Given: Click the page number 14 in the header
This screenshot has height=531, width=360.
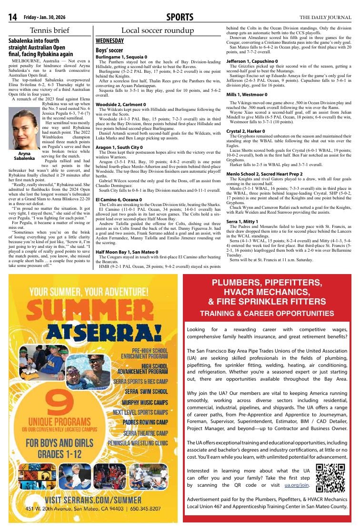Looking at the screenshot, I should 13,18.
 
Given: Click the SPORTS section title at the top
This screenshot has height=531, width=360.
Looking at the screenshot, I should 180,18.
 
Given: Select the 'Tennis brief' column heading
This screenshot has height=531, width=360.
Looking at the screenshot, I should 50,30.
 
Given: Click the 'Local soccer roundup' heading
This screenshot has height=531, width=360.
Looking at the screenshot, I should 158,30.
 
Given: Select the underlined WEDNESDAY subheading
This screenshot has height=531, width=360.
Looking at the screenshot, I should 110,41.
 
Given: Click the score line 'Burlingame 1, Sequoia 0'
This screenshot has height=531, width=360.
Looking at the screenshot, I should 121,57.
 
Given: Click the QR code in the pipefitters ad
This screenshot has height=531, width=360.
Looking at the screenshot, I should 330,477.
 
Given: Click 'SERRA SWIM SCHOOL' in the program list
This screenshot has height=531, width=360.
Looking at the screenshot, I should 146,392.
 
